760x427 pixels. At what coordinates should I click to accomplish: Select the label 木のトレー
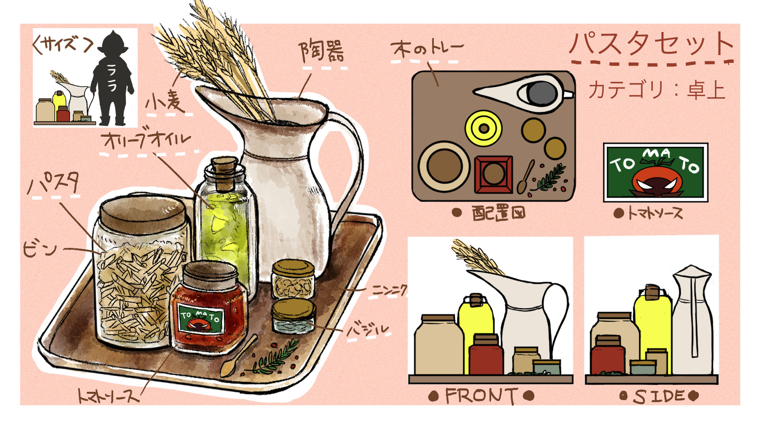click(427, 49)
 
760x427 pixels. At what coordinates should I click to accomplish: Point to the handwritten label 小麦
click(166, 101)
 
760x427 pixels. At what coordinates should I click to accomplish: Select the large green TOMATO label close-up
click(655, 172)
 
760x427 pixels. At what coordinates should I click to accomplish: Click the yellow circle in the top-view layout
click(483, 128)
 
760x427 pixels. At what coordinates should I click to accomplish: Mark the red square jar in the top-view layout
click(493, 174)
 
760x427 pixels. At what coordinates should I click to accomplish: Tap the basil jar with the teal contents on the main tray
click(293, 316)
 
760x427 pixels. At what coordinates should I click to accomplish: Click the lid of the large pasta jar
click(142, 214)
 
